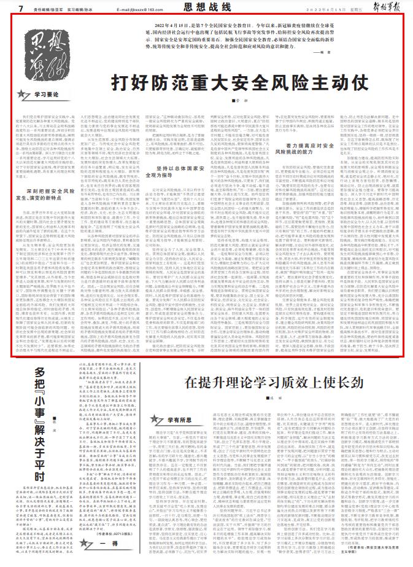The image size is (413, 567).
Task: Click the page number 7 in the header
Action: click(x=21, y=8)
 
